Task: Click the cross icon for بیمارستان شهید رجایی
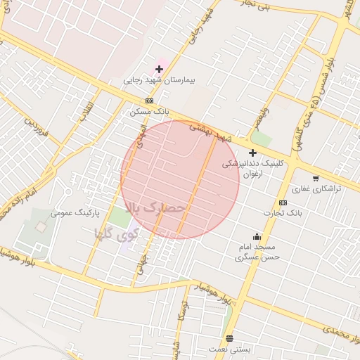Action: tap(159, 69)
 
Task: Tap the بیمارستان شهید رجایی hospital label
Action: tap(159, 80)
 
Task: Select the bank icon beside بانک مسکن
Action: tap(149, 101)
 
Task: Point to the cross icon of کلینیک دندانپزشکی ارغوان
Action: tap(252, 153)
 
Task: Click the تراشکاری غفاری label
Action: tap(316, 189)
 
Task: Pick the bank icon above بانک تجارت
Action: tap(283, 202)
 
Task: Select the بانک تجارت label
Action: tap(283, 212)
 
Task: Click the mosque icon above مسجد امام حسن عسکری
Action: tap(257, 236)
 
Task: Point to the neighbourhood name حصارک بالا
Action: tap(155, 208)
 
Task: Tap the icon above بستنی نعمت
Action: tap(229, 337)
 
